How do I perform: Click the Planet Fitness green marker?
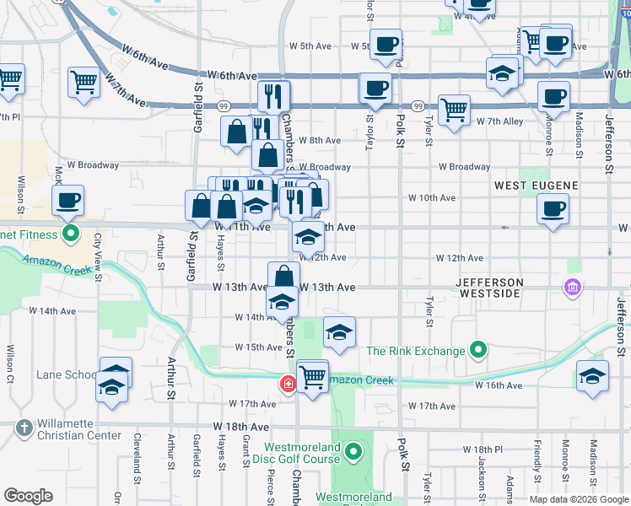[71, 234]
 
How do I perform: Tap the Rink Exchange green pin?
[478, 349]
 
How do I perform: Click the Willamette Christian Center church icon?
[24, 429]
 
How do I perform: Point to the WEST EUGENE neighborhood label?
[536, 185]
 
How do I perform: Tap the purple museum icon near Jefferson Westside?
[573, 288]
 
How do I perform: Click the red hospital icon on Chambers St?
[288, 385]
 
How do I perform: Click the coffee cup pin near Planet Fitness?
[68, 201]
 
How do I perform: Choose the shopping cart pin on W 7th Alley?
[454, 109]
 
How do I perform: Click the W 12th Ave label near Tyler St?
[460, 258]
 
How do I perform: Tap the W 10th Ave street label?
[432, 198]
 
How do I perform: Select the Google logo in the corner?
[28, 496]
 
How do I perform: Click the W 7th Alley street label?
[500, 121]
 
